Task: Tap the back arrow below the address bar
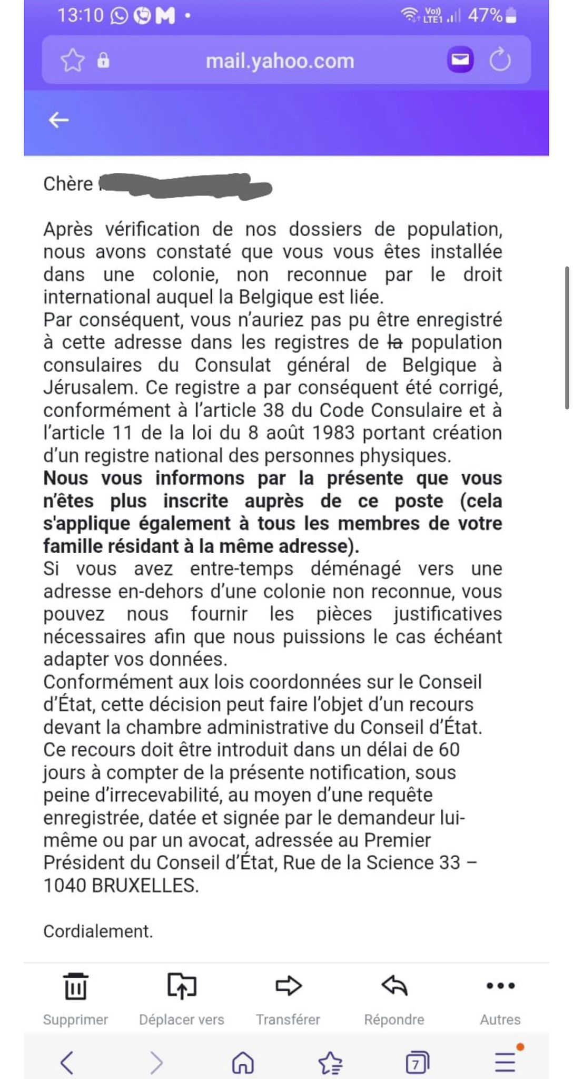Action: [58, 121]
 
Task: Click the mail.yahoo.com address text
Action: [280, 61]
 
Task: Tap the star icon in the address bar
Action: [72, 61]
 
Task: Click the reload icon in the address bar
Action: [500, 60]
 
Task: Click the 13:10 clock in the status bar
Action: [80, 16]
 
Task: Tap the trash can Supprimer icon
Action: [75, 986]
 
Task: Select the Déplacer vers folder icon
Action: [182, 986]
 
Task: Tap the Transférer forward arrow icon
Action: [288, 986]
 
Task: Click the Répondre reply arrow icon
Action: [394, 986]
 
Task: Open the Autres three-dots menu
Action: [500, 986]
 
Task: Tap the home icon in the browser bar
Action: [243, 1063]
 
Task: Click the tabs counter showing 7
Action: [417, 1063]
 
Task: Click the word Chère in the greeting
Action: [68, 184]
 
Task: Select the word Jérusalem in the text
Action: [87, 388]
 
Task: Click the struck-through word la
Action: [394, 342]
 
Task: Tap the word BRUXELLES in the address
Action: [145, 886]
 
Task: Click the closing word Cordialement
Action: [98, 931]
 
